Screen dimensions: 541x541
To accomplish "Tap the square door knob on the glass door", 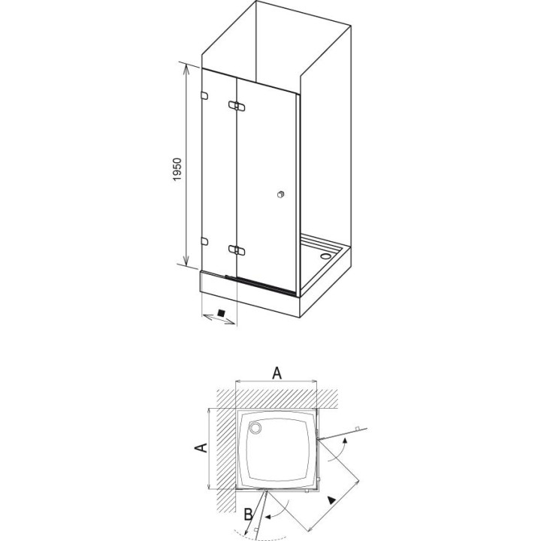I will (x=280, y=195).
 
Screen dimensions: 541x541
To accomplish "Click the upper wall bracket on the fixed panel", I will (x=204, y=95).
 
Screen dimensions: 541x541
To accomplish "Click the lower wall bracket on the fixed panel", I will (x=204, y=240).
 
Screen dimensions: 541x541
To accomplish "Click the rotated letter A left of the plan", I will (x=201, y=448).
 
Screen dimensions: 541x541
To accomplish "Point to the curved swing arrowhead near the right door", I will (x=345, y=445).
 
